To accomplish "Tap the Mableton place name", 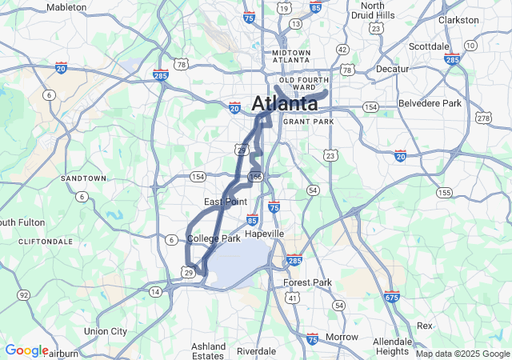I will [x=66, y=6].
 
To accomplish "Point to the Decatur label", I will [x=392, y=69].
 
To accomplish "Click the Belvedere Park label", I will [x=430, y=103].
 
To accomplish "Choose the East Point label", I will [x=225, y=202].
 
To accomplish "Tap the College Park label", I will [x=214, y=238].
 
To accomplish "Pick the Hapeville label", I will [x=264, y=234].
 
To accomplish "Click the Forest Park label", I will [x=307, y=282].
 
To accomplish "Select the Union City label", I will [x=106, y=331].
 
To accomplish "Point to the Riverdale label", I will [x=256, y=350].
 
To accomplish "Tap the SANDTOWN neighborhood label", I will [x=83, y=178].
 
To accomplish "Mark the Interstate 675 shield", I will [x=391, y=296].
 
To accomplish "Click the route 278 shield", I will [x=483, y=118].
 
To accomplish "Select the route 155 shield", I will [x=444, y=192].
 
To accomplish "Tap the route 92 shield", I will [x=24, y=295].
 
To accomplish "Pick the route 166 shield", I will [x=255, y=176].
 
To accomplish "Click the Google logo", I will [x=26, y=350].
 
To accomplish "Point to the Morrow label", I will [x=342, y=337].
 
